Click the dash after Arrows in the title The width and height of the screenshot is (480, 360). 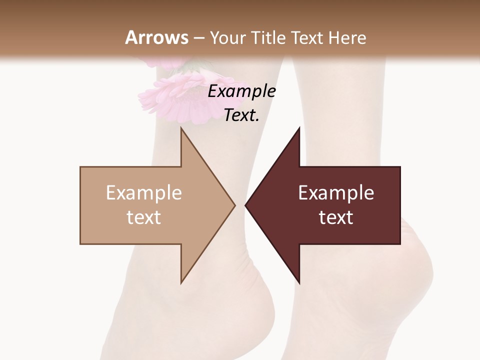pos(198,38)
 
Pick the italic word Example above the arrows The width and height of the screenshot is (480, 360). pos(241,91)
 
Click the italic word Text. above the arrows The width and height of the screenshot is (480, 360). pos(241,115)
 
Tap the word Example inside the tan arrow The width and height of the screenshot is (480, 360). pos(143,193)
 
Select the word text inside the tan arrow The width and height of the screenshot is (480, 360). pos(143,217)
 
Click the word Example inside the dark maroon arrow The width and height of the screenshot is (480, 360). pos(336,193)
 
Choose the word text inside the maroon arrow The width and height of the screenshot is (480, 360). pos(336,217)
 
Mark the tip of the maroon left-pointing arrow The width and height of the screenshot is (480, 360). pos(246,205)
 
